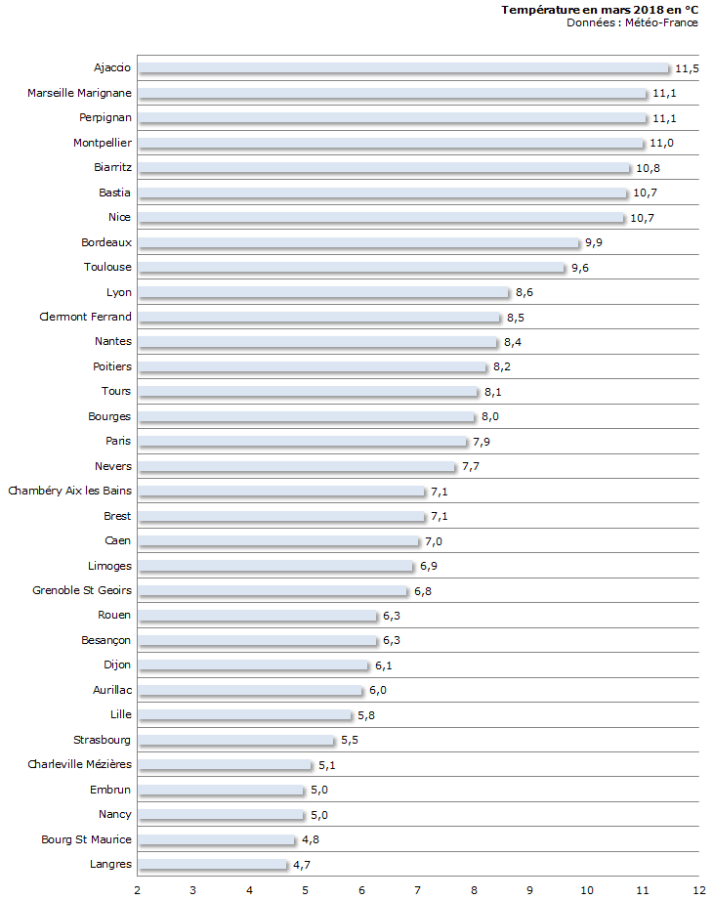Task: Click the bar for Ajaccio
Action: (x=403, y=68)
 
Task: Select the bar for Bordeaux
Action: (x=358, y=242)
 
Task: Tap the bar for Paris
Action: (x=303, y=442)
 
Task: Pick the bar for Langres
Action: (x=213, y=865)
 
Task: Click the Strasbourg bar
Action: (x=235, y=741)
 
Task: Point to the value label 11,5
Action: (x=688, y=68)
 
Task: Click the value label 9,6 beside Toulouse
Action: (x=580, y=268)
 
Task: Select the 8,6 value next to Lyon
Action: (x=524, y=292)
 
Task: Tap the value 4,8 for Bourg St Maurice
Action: (x=311, y=839)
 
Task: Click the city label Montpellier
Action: (x=103, y=143)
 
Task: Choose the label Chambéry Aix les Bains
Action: (x=69, y=491)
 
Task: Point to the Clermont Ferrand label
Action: (x=85, y=317)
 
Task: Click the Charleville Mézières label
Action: (x=79, y=764)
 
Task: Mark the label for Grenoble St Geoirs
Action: (x=82, y=590)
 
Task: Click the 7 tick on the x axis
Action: (x=418, y=889)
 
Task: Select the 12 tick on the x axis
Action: (x=698, y=889)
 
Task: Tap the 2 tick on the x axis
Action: (x=138, y=889)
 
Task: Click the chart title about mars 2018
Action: (x=600, y=10)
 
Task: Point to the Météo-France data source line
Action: (x=632, y=22)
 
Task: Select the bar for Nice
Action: (x=381, y=218)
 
